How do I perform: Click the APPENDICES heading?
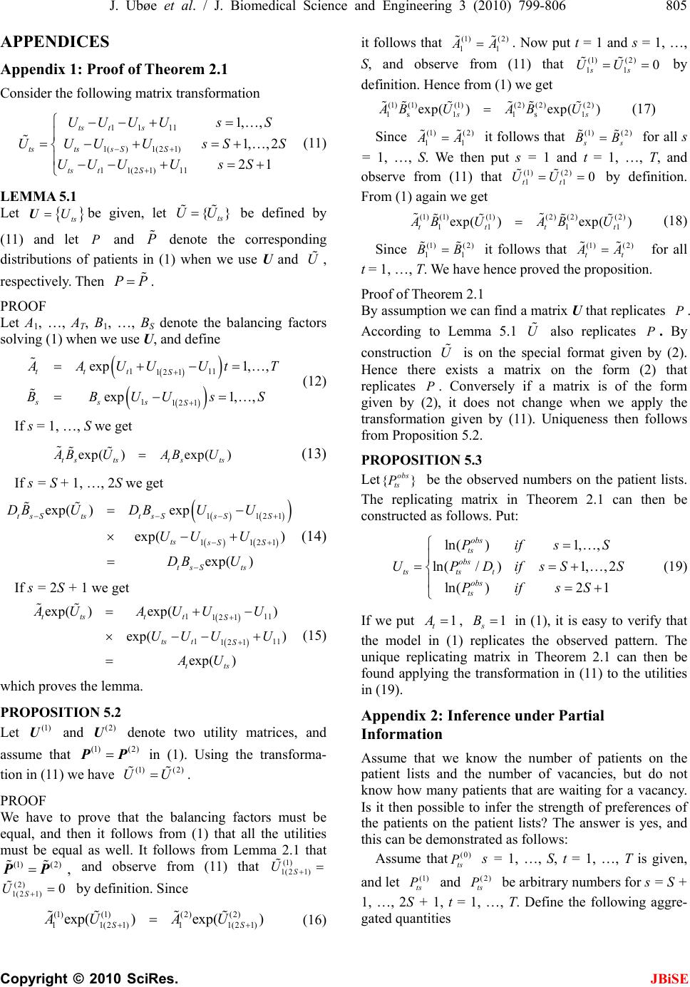pos(55,41)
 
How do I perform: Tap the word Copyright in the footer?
pos(32,975)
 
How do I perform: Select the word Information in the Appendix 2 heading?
pos(401,734)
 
